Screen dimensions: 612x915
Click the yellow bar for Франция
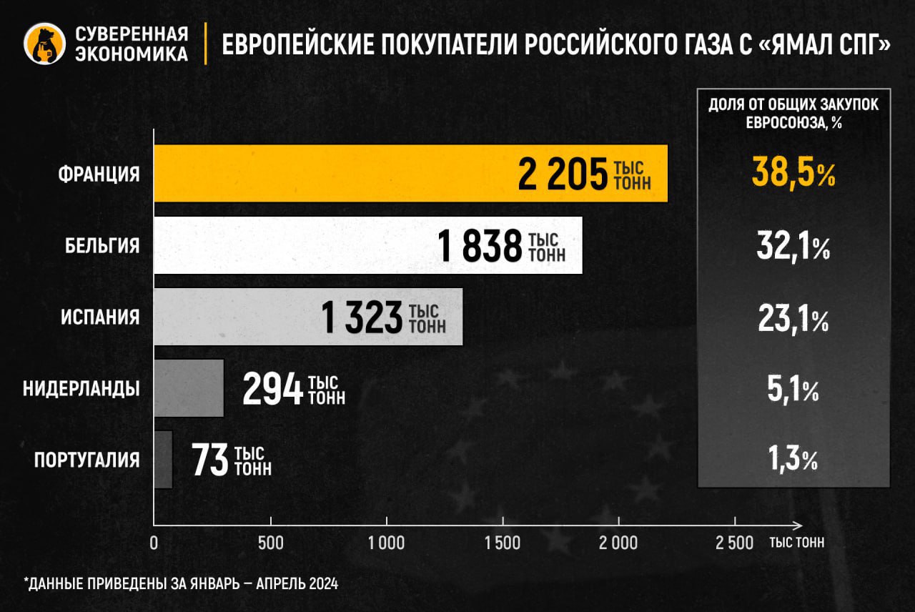(336, 174)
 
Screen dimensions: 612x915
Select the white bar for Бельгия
(293, 245)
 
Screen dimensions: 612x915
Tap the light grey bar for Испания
(236, 317)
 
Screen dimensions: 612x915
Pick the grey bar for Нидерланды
(189, 388)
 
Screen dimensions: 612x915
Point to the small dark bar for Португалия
(163, 460)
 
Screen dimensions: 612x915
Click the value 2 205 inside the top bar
(563, 175)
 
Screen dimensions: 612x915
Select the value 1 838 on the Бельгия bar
(480, 247)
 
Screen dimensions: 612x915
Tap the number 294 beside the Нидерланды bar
(273, 390)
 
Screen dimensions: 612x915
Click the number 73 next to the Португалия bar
(209, 461)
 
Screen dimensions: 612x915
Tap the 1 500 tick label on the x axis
(503, 543)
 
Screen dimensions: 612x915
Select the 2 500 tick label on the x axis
(734, 543)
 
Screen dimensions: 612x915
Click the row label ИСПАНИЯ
(100, 317)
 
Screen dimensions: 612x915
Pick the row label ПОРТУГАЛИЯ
(87, 460)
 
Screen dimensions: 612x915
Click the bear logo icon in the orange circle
(45, 44)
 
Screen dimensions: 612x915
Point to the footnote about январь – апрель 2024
(181, 583)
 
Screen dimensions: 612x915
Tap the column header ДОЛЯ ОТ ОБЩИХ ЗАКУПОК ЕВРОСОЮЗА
(793, 112)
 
